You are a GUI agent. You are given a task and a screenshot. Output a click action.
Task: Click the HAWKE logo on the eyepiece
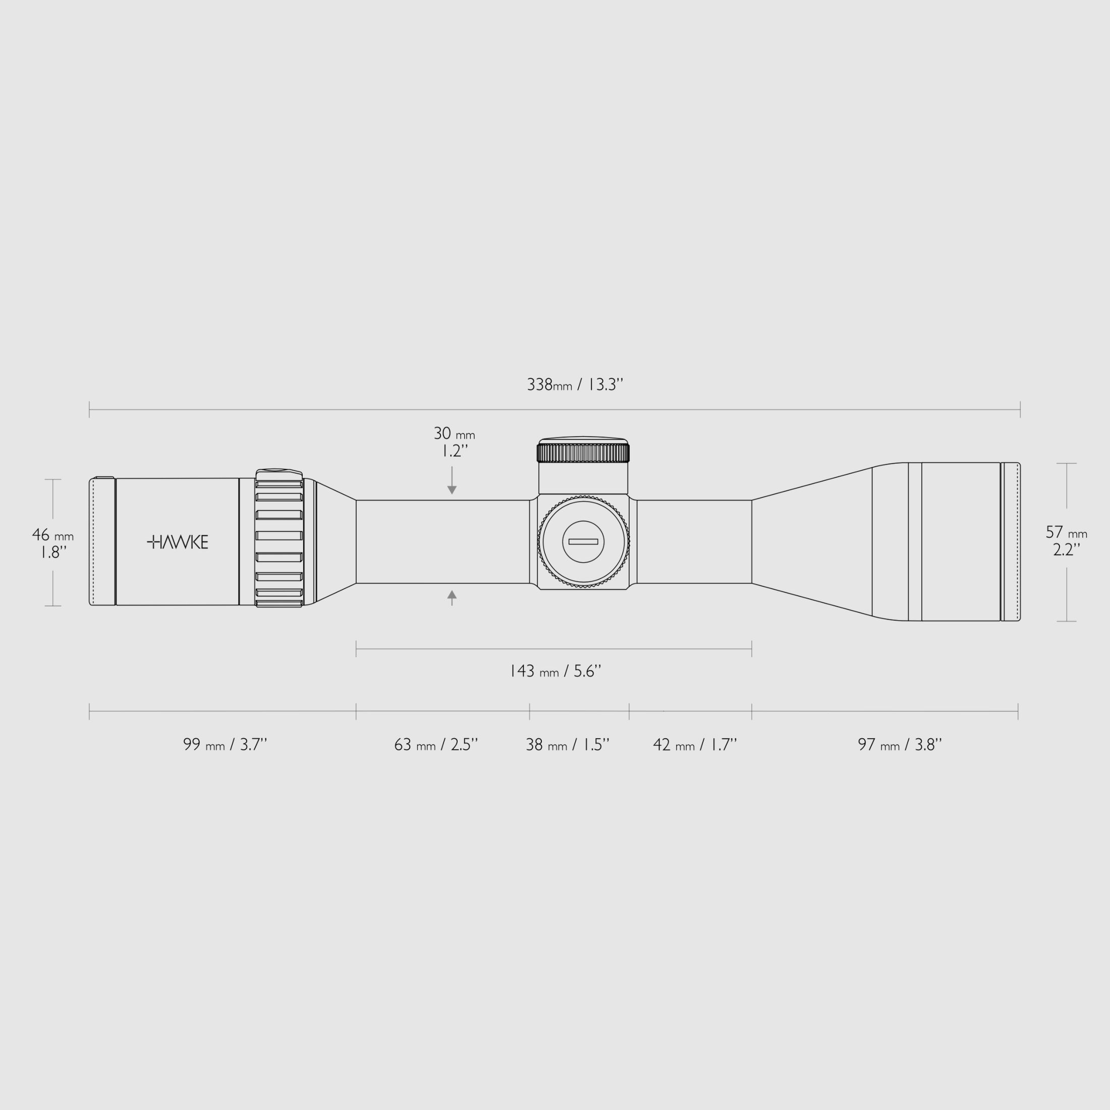(178, 542)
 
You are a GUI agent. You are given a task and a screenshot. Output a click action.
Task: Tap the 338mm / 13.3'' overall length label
(575, 384)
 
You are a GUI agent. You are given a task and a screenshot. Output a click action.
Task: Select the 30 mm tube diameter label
(454, 434)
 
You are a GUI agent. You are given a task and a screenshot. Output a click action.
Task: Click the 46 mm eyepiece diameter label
(52, 535)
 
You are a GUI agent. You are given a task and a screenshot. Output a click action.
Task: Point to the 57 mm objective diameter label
(1066, 533)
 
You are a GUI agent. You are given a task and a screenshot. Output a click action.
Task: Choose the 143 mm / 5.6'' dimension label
(555, 671)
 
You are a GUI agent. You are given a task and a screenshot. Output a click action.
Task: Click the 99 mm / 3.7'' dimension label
(225, 745)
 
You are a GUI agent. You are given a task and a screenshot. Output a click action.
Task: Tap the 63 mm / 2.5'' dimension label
(435, 745)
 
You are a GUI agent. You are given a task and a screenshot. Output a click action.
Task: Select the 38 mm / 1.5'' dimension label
(567, 745)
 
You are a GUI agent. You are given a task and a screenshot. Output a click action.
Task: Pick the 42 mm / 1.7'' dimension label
(695, 745)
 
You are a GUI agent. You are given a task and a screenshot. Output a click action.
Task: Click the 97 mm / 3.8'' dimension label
(899, 745)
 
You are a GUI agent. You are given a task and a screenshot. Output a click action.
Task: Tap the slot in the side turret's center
(583, 542)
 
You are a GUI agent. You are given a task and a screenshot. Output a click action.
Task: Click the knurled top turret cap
(583, 452)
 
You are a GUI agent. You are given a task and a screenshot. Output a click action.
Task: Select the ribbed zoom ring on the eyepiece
(279, 538)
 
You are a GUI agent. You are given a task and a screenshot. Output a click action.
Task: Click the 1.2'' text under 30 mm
(454, 452)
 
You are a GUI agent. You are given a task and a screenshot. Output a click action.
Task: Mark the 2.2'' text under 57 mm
(1066, 550)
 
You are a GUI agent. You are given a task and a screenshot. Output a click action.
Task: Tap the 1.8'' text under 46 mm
(52, 552)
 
